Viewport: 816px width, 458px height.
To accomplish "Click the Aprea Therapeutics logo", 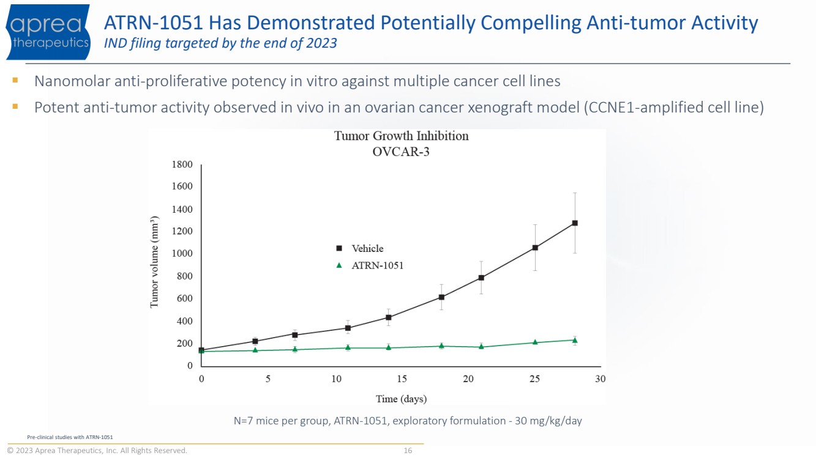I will (x=48, y=32).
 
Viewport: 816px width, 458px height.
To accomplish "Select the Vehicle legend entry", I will (x=367, y=248).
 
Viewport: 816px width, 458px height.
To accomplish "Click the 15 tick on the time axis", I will (x=402, y=379).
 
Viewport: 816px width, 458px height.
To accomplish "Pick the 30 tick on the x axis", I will (x=600, y=379).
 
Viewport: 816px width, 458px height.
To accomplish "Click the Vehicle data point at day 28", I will (x=575, y=223).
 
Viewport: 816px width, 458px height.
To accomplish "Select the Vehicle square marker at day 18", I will (x=441, y=297).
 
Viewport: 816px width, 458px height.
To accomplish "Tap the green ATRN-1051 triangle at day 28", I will (x=575, y=340).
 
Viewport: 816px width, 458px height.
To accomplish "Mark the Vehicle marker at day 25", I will (x=535, y=248).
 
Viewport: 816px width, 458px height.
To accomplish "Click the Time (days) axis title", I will (x=401, y=399).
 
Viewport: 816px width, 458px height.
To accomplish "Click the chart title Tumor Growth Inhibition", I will (x=401, y=136).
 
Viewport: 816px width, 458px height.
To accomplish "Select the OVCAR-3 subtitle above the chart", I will (x=401, y=152).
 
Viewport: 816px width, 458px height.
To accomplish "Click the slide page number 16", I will (x=408, y=451).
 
